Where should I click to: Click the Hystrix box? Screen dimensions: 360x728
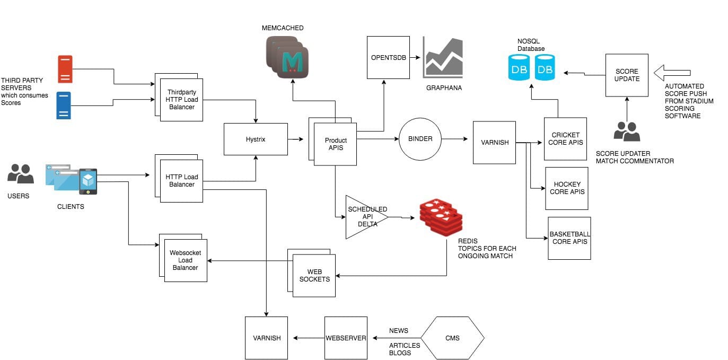[256, 139]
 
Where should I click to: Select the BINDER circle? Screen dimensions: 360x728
[420, 139]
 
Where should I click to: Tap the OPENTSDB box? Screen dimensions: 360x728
[388, 57]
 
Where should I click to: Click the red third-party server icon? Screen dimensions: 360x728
[65, 69]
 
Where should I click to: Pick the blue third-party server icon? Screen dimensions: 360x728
[64, 105]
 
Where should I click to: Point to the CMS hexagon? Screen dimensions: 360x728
[452, 338]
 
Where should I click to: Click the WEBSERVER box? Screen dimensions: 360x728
[346, 338]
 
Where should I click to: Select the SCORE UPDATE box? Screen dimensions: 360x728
[627, 75]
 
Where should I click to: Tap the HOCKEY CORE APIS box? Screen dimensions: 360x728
[567, 188]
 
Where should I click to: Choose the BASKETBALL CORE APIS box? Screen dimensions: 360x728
[569, 238]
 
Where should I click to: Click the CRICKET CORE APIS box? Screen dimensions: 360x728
[566, 139]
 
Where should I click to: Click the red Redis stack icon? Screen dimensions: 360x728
[441, 217]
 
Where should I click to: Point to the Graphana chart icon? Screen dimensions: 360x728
[443, 58]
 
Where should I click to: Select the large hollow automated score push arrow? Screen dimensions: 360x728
[673, 73]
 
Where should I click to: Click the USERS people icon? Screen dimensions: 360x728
[21, 174]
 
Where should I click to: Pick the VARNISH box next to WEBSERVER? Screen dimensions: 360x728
[266, 338]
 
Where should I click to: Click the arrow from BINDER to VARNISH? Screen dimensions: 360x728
[454, 139]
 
